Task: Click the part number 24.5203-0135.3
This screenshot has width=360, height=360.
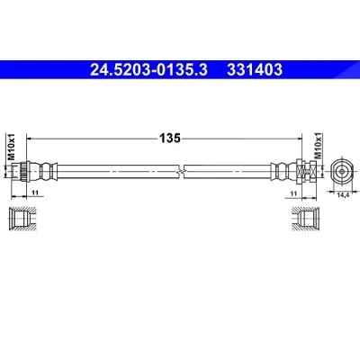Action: pyautogui.click(x=148, y=70)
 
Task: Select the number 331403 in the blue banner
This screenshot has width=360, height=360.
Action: pyautogui.click(x=255, y=70)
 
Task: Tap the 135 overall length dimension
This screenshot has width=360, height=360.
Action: pyautogui.click(x=170, y=139)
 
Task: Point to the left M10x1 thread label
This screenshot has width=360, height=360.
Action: pyautogui.click(x=11, y=147)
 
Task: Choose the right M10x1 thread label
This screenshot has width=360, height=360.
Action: pyautogui.click(x=318, y=146)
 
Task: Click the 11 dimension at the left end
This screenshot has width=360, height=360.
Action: pyautogui.click(x=35, y=193)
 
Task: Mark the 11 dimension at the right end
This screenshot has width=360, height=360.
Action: pyautogui.click(x=293, y=193)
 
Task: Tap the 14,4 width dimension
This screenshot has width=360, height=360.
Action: pyautogui.click(x=343, y=195)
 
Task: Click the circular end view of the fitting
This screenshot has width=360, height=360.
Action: pyautogui.click(x=342, y=172)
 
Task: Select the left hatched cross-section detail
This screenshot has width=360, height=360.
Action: pyautogui.click(x=22, y=219)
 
